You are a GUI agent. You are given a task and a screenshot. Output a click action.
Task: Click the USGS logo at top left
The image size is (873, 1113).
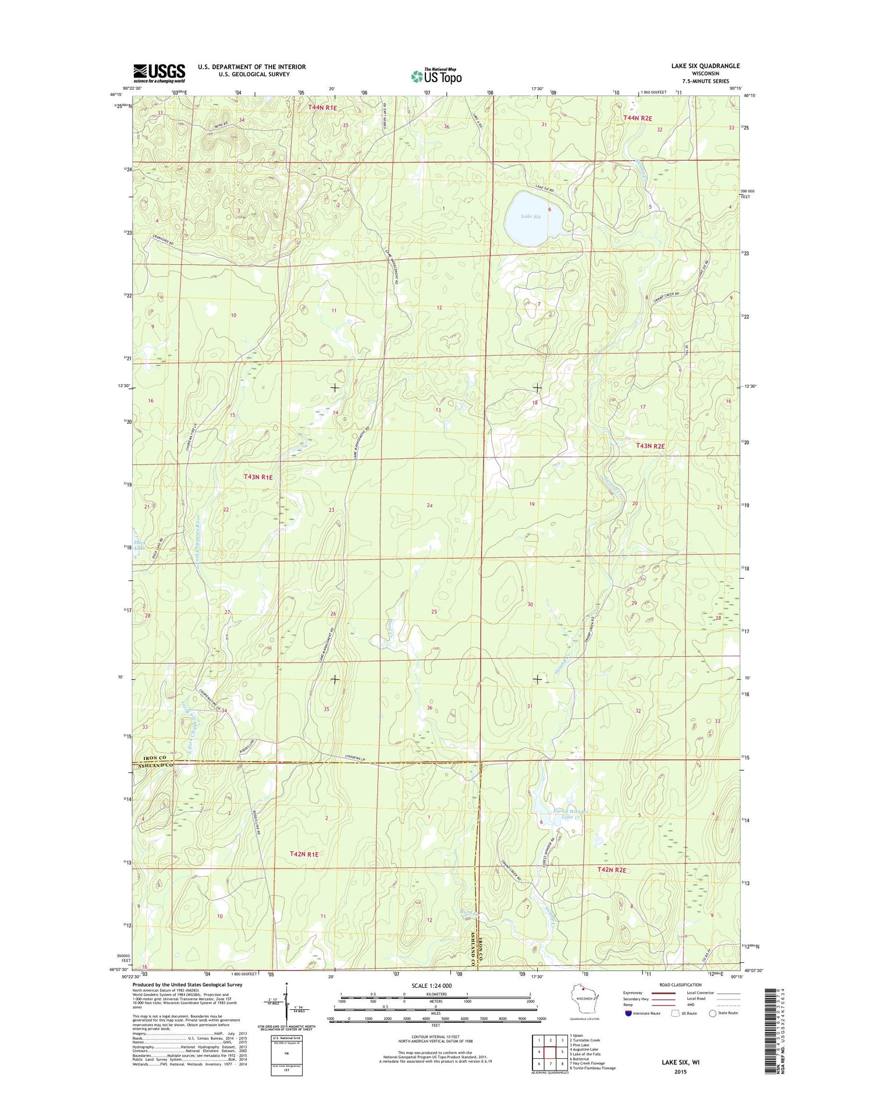(159, 73)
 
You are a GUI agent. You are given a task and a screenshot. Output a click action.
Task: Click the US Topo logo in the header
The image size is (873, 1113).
(436, 76)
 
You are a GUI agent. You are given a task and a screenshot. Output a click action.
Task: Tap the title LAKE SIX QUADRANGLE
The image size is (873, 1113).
(705, 66)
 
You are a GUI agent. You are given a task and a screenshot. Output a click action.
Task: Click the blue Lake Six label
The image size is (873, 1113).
(530, 217)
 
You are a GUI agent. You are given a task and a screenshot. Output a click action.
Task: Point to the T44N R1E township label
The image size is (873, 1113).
(322, 108)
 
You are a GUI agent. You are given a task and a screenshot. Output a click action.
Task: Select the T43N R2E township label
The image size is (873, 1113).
(650, 446)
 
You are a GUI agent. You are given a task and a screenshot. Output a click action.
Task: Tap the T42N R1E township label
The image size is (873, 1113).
(304, 854)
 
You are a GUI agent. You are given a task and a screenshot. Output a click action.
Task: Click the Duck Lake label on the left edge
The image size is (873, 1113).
(139, 544)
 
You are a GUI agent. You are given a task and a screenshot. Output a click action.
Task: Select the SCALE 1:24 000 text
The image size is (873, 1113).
(431, 986)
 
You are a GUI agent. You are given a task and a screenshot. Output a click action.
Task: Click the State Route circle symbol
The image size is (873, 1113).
(712, 1013)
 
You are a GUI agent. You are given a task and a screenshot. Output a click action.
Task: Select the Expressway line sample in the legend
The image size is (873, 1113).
(663, 993)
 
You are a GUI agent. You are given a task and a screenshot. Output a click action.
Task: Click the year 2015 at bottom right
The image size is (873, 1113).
(680, 1072)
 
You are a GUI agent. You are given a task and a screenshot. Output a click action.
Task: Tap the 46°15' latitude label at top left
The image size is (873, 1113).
(116, 94)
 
